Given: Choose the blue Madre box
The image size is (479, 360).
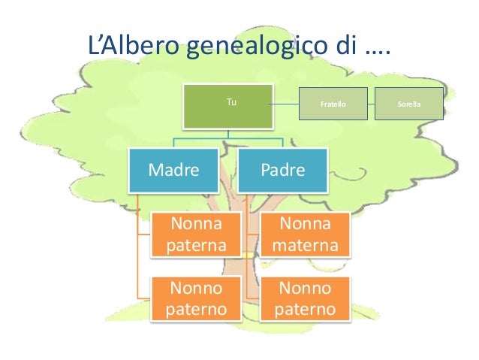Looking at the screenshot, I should click(x=174, y=170).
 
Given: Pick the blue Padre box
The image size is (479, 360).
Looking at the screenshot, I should click(x=282, y=170).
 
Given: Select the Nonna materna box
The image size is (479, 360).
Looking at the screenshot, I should click(x=304, y=235).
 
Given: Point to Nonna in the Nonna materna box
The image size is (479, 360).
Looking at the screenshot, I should click(x=304, y=224).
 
